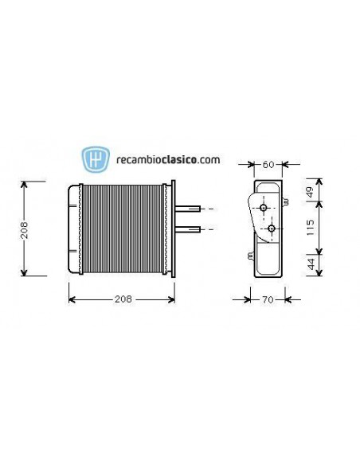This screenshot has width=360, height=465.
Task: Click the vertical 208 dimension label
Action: [x=25, y=229]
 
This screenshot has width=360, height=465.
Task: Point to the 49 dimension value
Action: [x=311, y=193]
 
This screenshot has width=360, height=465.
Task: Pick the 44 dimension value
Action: [x=311, y=262]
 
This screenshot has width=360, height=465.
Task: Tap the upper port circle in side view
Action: [x=263, y=209]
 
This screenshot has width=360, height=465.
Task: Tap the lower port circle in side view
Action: [x=272, y=229]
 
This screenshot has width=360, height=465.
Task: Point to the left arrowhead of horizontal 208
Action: [x=72, y=299]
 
